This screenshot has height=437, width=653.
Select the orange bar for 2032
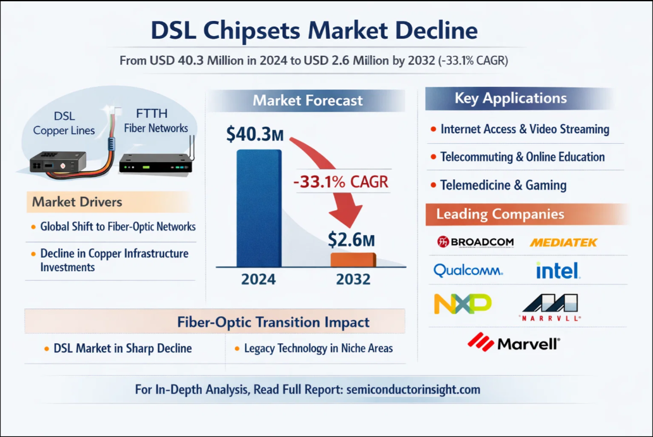[353, 260]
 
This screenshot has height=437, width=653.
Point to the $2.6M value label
[352, 239]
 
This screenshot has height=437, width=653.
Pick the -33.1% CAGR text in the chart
[340, 183]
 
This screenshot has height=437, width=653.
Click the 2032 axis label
[353, 279]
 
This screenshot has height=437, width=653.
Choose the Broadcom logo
[475, 242]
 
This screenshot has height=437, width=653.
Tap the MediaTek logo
[563, 242]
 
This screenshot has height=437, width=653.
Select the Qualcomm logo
[468, 271]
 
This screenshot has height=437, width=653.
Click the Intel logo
[557, 271]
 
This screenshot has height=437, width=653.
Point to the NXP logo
[463, 304]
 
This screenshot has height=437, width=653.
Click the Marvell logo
[514, 343]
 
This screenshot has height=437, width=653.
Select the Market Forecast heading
[308, 100]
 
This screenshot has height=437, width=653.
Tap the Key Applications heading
[511, 98]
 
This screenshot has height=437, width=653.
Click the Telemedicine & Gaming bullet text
[503, 185]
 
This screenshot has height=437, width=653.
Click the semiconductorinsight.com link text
[413, 389]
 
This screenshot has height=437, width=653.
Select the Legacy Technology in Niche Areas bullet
[318, 348]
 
